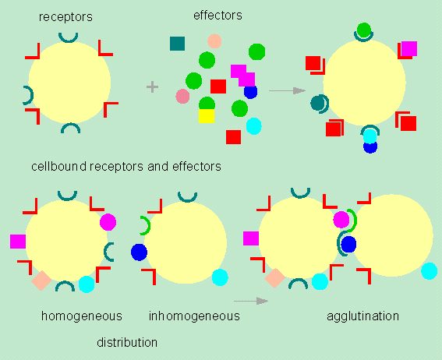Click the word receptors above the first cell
tap(65, 17)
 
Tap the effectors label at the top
tap(217, 16)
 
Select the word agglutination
tap(362, 316)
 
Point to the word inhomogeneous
tap(194, 316)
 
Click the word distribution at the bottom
tap(127, 343)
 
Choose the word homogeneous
tap(82, 316)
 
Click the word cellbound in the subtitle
tap(58, 166)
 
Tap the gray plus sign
tap(152, 86)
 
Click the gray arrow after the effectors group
tap(287, 90)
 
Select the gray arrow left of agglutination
tap(251, 301)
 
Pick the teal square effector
tap(177, 44)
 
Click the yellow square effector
tap(207, 116)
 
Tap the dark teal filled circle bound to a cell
tap(318, 103)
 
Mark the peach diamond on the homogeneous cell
tap(41, 281)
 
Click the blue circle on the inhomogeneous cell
tap(139, 252)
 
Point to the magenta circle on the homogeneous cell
tap(108, 222)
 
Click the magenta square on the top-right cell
tap(409, 49)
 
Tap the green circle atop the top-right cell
tap(364, 30)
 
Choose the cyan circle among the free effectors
tap(253, 126)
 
